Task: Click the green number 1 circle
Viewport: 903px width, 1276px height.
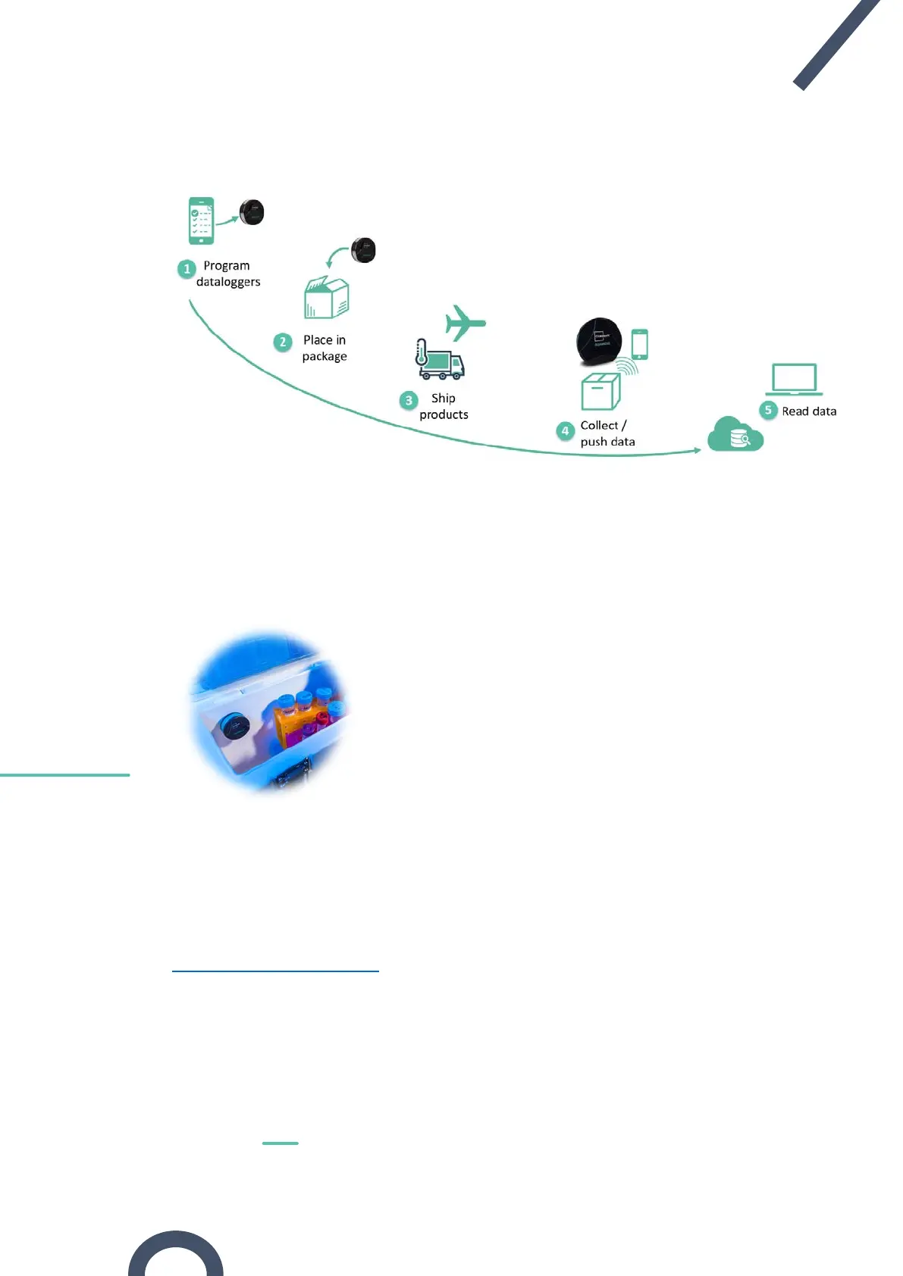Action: coord(187,269)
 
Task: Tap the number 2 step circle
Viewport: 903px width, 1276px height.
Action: coord(283,342)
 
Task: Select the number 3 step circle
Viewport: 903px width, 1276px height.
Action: coord(409,400)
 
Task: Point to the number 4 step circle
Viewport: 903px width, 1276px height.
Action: coord(565,431)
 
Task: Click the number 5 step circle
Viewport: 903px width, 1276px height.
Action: coord(768,410)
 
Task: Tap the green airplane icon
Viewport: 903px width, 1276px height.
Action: coord(463,323)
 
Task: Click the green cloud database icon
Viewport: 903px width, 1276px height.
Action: coord(734,434)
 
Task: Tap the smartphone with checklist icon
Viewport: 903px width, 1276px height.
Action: coord(201,220)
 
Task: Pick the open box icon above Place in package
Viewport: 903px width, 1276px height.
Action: coord(326,298)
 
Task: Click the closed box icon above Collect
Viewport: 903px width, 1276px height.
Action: coord(600,391)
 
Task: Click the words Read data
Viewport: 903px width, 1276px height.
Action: coord(809,411)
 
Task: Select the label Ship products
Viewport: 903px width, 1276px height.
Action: coord(444,406)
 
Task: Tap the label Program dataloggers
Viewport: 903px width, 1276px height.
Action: coord(227,274)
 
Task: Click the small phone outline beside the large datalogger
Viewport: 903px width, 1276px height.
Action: coord(640,344)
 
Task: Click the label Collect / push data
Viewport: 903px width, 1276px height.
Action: coord(607,433)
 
